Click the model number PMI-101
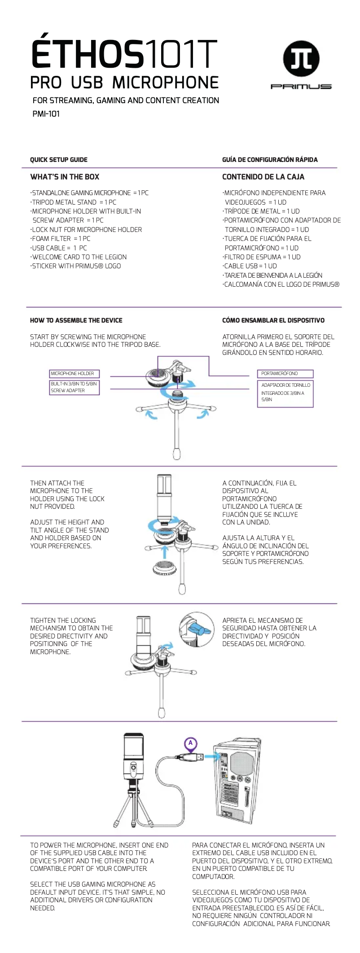tap(46, 114)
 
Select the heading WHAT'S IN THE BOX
tap(65, 177)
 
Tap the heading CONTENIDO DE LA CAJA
tap(263, 177)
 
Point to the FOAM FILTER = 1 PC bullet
tap(61, 239)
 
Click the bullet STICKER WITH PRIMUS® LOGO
tap(76, 266)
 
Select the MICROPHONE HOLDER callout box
tap(74, 373)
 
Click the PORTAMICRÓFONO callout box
tap(285, 373)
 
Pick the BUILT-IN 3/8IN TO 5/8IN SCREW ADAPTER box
tap(74, 387)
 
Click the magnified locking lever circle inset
tap(196, 629)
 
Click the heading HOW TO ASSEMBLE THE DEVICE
tap(76, 320)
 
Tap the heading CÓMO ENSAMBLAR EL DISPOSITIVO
tap(273, 320)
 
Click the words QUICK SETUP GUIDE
tap(58, 160)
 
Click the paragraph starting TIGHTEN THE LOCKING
tap(71, 636)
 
